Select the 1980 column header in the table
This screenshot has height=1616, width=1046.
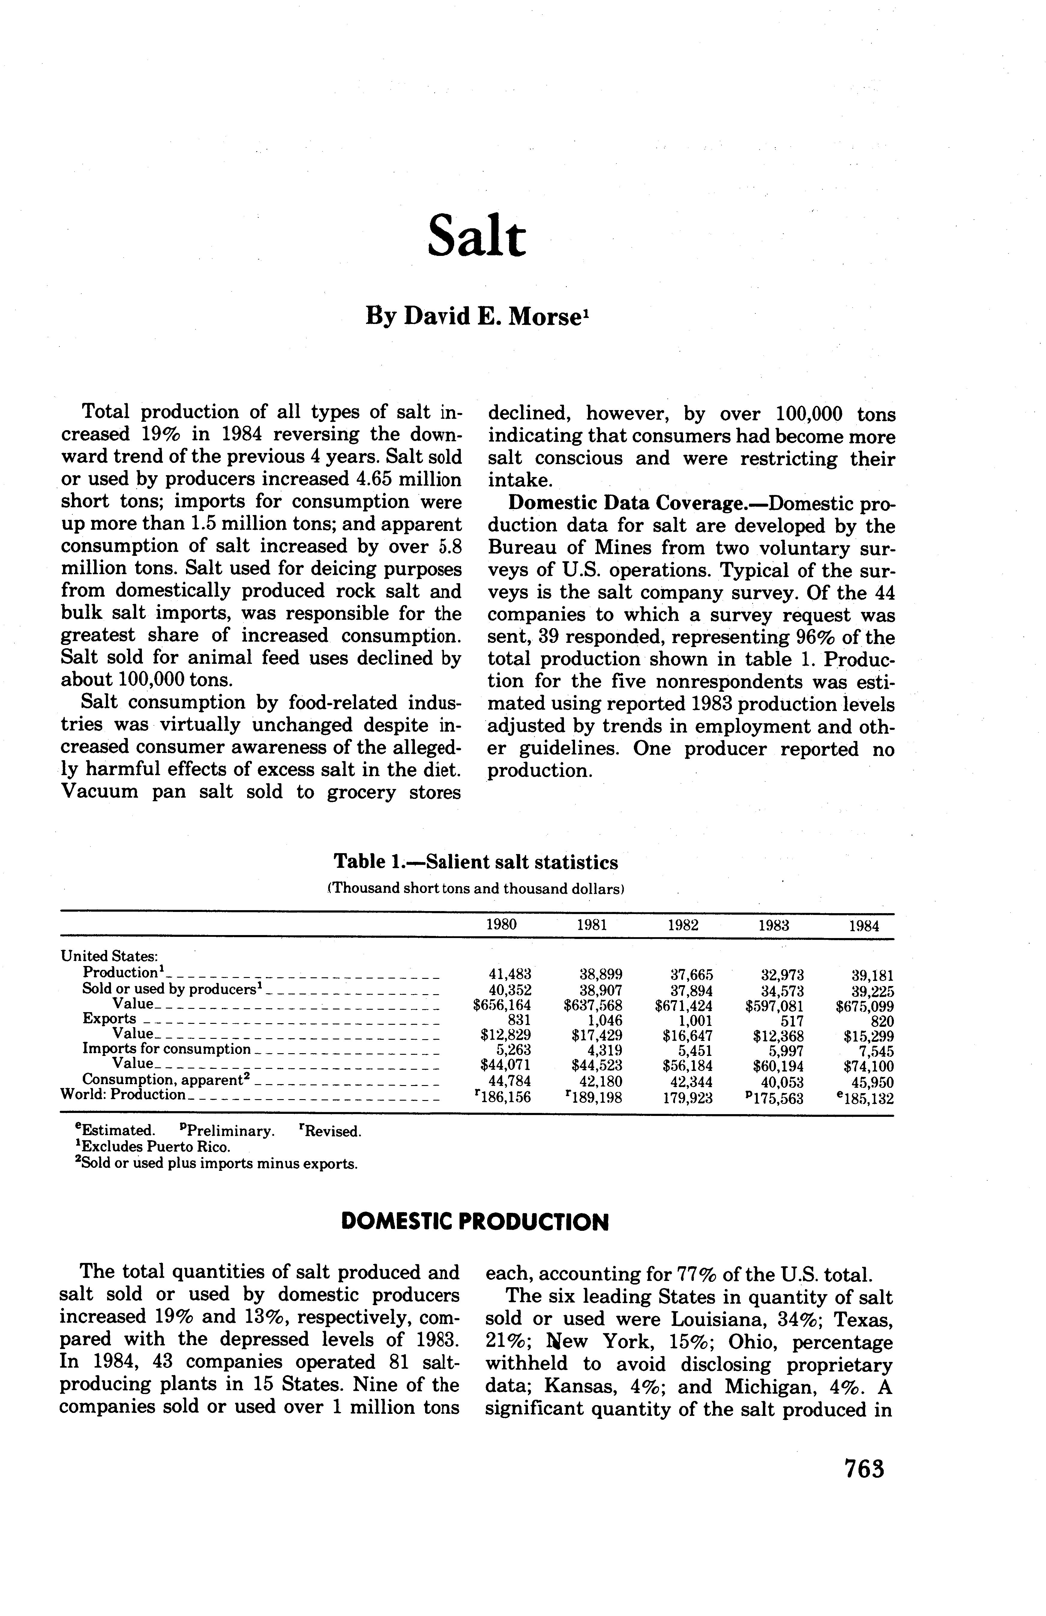click(x=502, y=925)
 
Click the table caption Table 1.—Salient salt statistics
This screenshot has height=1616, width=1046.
click(x=476, y=862)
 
